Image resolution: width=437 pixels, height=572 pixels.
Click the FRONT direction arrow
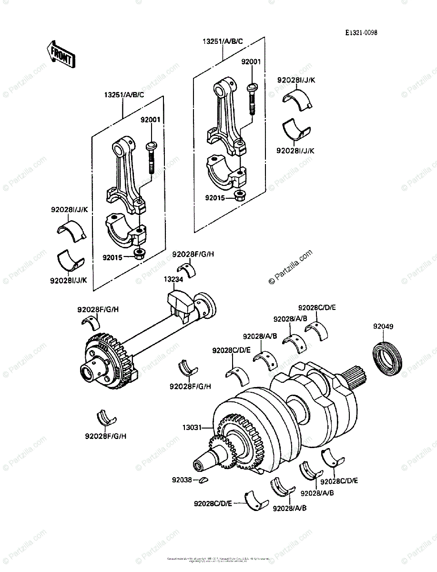coord(60,54)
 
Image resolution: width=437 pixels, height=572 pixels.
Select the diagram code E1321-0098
coord(361,33)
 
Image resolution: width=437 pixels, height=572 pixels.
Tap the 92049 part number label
coord(383,327)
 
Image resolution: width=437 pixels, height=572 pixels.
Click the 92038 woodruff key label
coord(183,480)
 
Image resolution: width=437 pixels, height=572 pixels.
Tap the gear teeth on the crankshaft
coord(241,441)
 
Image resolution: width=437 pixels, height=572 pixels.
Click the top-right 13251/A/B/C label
coord(224,41)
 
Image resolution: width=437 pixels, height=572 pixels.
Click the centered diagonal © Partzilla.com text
coord(291,267)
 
